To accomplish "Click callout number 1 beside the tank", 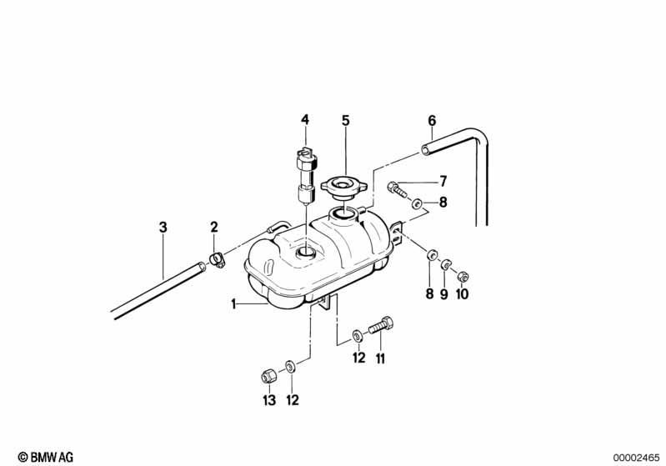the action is pos(233,304).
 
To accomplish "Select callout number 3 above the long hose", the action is pos(163,228).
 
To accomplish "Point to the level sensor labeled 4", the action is pos(307,173).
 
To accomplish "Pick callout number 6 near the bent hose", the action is pos(432,121).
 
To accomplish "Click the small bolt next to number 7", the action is pos(397,189).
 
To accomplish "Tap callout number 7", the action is pos(443,182).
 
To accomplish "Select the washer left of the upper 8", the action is pos(416,204).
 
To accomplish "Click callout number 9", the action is pos(443,294).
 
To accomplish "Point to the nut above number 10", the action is pos(463,278).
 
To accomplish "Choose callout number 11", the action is pos(380,359).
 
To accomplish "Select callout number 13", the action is pos(269,400).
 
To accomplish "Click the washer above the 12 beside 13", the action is pos(291,366).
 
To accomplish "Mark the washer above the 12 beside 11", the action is pos(358,336).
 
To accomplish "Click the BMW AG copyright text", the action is pos(46,457).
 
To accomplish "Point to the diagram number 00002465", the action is pos(636,458).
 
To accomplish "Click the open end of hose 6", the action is pos(425,149).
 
